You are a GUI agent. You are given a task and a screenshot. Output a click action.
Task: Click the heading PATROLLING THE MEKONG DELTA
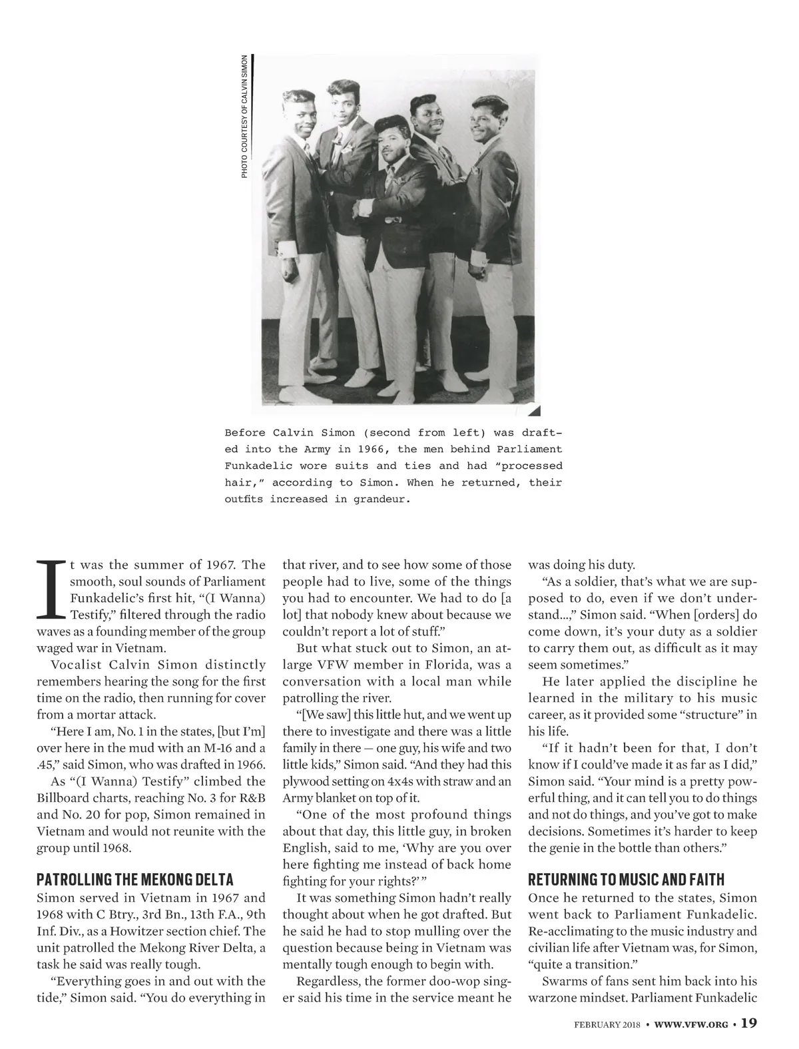click(x=135, y=880)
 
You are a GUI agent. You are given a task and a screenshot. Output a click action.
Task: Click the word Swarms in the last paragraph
click(x=565, y=981)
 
